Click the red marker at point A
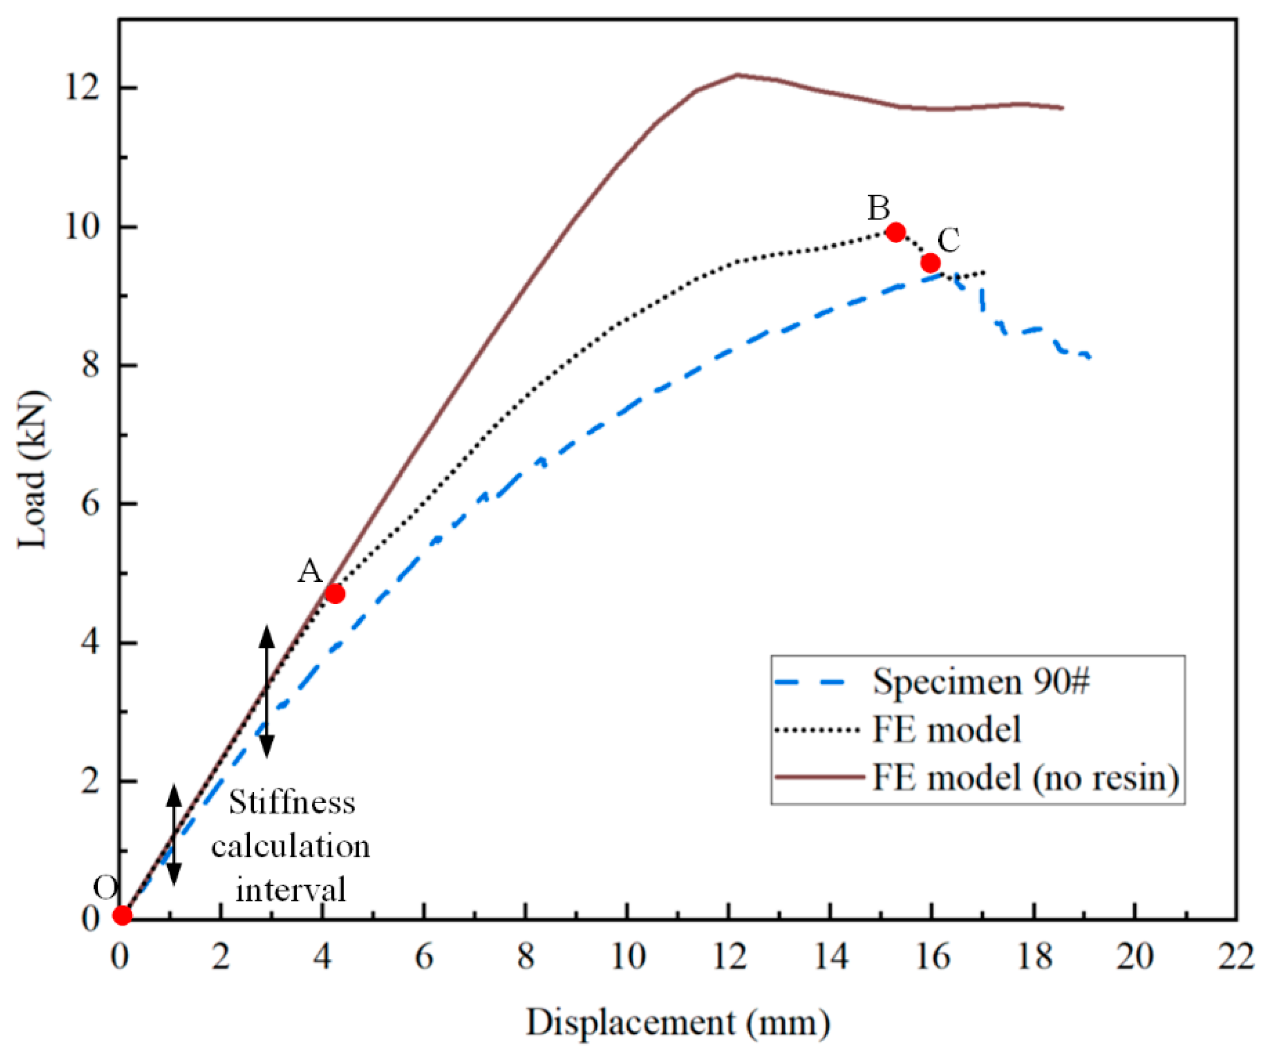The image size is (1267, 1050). tap(334, 594)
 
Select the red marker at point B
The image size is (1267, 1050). tap(896, 232)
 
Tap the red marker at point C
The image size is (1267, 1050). tap(930, 262)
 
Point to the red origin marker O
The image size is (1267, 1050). tap(123, 915)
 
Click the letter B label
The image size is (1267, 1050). tap(878, 208)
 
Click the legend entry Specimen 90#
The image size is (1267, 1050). tap(981, 682)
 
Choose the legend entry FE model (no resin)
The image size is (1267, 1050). tap(1026, 778)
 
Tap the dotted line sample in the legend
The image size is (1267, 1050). tap(818, 731)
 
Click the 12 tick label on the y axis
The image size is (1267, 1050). tap(83, 88)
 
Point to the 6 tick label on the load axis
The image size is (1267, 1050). tap(91, 504)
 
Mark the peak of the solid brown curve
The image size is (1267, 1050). tap(737, 75)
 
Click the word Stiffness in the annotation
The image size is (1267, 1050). tap(292, 803)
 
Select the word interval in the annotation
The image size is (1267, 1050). tap(291, 890)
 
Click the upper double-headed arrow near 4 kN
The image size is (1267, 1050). tap(266, 692)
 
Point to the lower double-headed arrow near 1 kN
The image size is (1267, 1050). tap(174, 836)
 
